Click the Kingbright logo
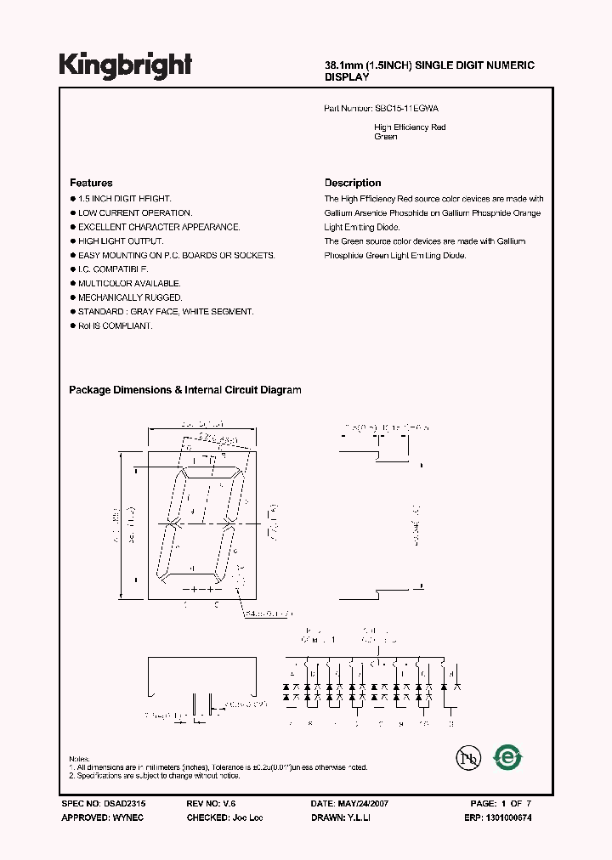click(126, 65)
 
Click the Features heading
click(91, 183)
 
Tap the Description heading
click(353, 183)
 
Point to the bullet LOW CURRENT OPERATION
click(135, 212)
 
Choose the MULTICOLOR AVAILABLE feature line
click(129, 283)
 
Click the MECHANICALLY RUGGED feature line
click(130, 297)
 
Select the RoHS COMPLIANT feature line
click(116, 325)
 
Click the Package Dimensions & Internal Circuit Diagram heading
click(184, 390)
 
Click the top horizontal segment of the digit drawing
click(210, 472)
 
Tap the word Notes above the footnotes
click(79, 758)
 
